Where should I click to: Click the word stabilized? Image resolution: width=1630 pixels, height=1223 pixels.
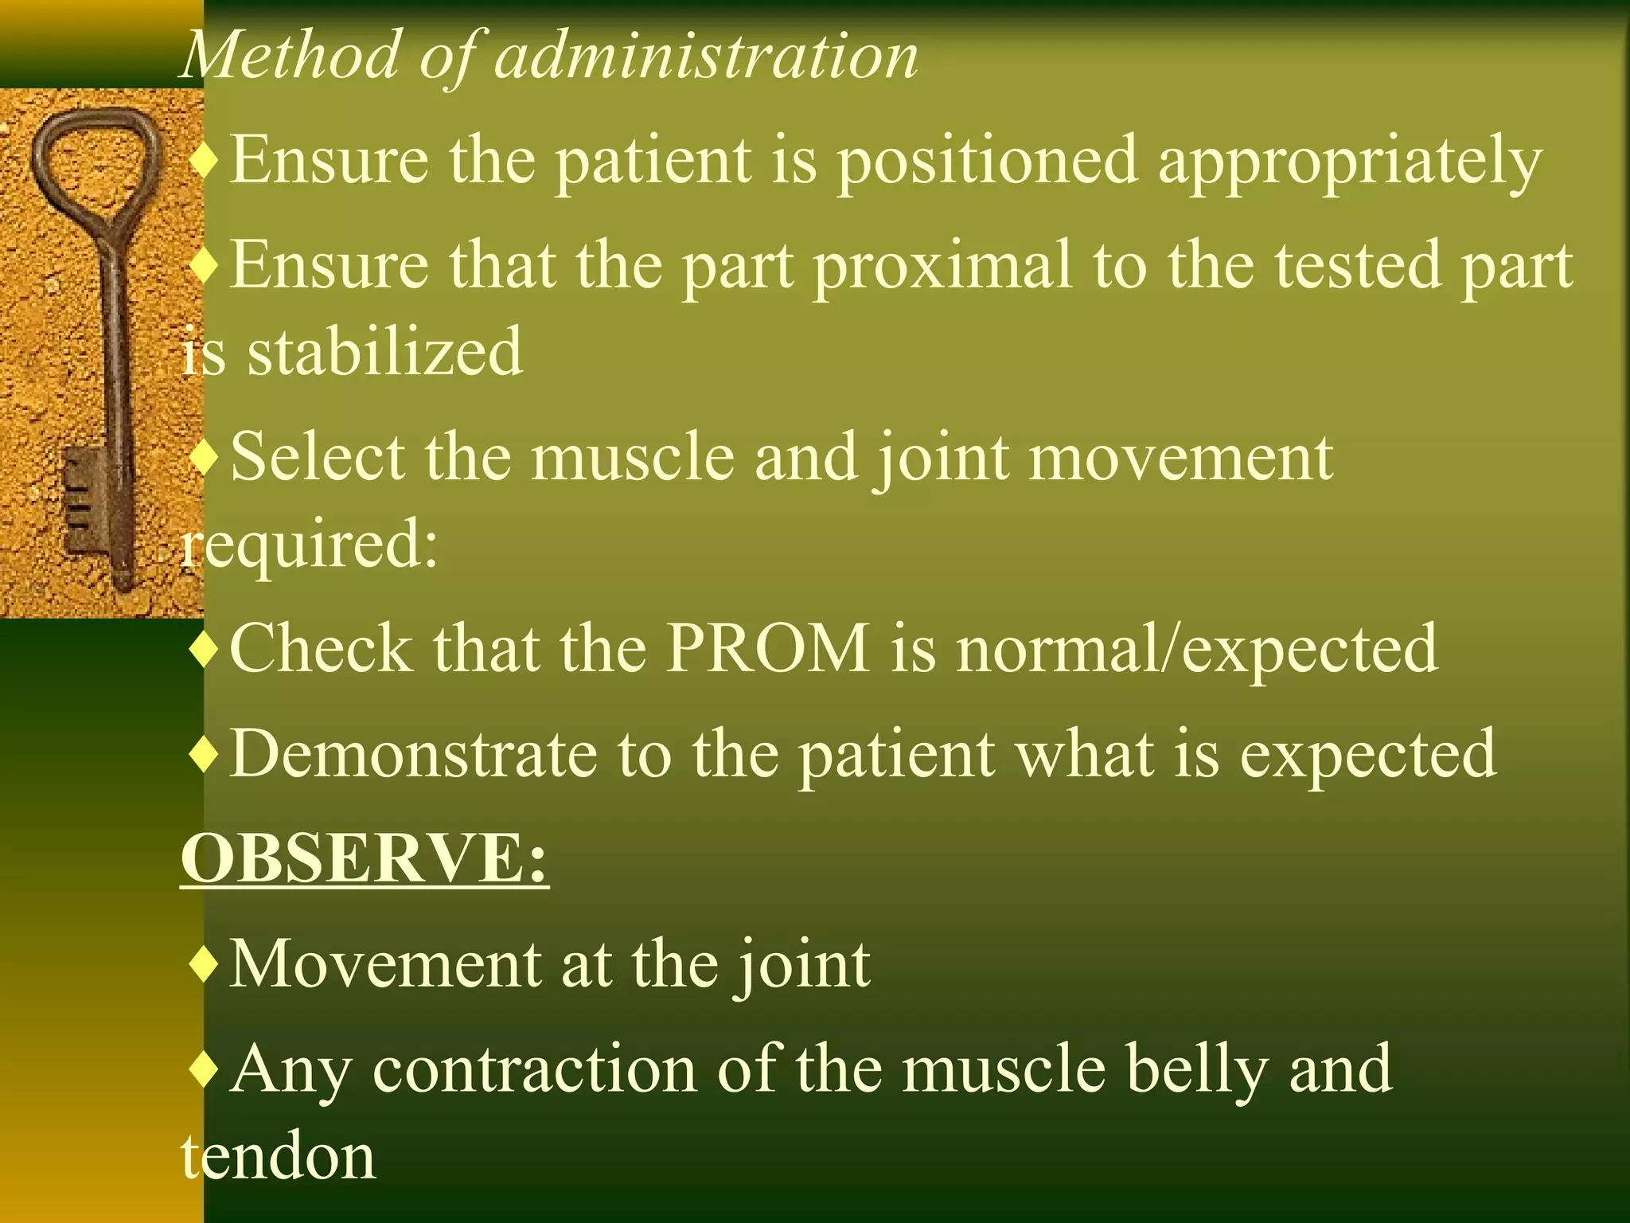[x=384, y=352]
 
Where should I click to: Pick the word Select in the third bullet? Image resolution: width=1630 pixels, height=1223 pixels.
[x=318, y=457]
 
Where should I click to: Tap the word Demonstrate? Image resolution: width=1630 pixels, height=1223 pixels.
[x=413, y=753]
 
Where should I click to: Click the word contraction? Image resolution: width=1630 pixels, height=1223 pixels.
[x=534, y=1069]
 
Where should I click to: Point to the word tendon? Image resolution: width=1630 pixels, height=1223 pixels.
[x=278, y=1157]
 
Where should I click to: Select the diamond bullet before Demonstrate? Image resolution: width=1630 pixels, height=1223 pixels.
[x=205, y=754]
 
